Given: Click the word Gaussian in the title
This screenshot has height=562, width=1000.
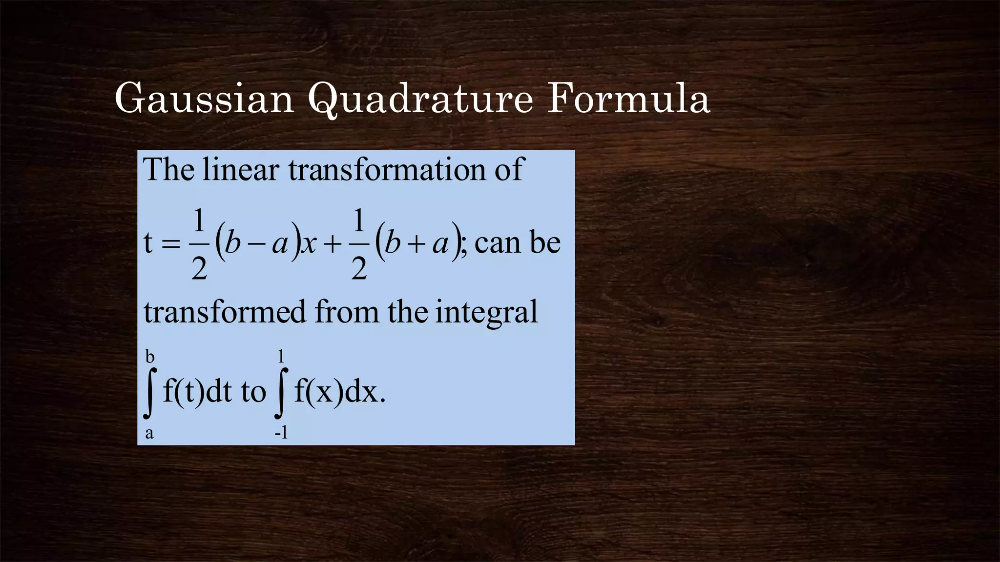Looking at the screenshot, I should coord(204,99).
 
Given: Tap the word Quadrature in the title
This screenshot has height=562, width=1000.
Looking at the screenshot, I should coord(420,100).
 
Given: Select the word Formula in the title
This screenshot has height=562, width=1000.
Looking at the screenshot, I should coord(628,99).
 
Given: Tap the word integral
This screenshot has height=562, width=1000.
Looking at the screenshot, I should coord(486,313).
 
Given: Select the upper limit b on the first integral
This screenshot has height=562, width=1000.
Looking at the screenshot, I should coord(150,357).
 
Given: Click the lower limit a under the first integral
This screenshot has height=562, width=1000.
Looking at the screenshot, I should coord(149,433).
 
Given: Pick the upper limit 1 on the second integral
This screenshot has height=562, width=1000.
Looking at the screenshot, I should coord(281,357).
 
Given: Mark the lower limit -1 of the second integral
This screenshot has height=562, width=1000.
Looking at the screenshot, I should coord(281,433).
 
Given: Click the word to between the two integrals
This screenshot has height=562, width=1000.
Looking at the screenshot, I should coord(253,392).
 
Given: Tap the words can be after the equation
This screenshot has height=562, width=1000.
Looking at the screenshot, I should coord(517,242).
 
